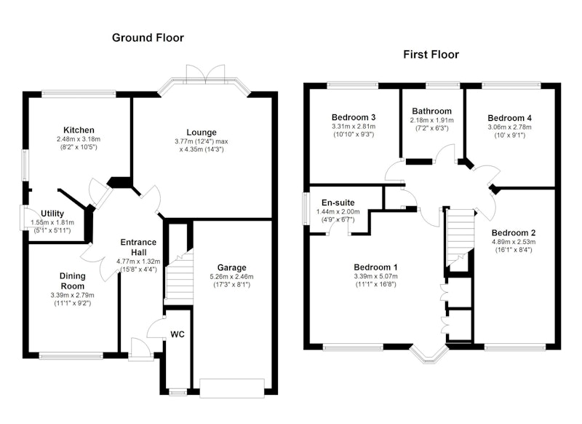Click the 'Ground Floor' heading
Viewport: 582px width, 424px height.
click(148, 38)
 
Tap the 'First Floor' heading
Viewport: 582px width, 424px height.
click(431, 55)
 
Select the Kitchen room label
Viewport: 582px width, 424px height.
click(79, 130)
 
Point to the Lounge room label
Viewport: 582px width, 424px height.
click(202, 133)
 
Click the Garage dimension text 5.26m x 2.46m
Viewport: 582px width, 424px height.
click(231, 276)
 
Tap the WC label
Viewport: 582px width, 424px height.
click(178, 334)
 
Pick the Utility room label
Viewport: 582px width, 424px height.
click(52, 213)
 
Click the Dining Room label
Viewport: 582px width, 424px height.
click(72, 281)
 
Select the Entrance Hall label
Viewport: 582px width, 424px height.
click(138, 247)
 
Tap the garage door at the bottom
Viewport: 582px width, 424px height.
click(232, 388)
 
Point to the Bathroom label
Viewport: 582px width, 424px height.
click(431, 111)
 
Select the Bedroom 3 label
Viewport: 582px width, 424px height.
click(354, 117)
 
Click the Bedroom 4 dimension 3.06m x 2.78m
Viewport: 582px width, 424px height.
click(509, 127)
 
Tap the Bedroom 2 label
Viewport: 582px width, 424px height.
click(514, 233)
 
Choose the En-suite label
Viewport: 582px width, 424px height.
click(338, 203)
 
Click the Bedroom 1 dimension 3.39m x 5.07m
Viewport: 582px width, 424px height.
click(375, 276)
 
